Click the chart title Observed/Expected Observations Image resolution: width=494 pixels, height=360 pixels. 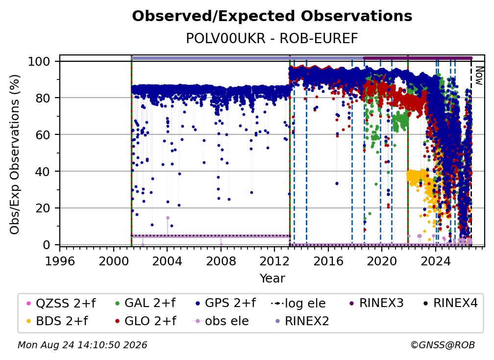coord(272,16)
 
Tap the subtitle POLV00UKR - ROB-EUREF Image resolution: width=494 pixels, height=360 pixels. coord(272,38)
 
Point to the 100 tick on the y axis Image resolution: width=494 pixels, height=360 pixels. coord(39,61)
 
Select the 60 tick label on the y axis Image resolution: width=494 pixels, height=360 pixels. coord(43,134)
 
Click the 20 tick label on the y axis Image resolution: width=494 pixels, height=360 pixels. coord(43,208)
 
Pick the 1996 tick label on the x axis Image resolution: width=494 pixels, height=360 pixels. coord(60,261)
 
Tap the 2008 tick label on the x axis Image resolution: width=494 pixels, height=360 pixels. coord(221,261)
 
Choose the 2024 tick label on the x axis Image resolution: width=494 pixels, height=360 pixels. coord(435,261)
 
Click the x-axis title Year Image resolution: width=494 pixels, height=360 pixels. coord(272,279)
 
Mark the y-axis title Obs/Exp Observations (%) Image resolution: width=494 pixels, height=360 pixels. coord(15,154)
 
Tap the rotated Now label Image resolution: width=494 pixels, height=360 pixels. coord(479,76)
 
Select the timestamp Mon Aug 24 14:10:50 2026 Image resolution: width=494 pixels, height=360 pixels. coord(82,345)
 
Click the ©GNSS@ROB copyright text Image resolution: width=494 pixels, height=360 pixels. coord(443,345)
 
